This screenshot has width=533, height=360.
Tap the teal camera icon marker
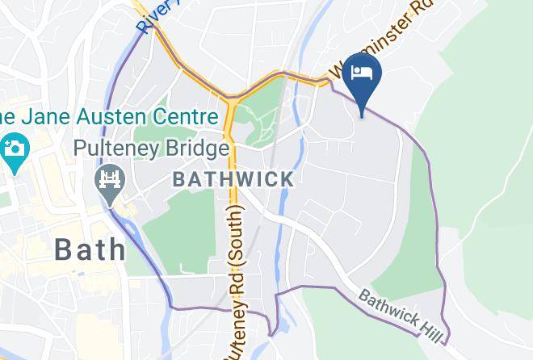[14, 149]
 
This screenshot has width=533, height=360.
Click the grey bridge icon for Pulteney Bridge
[109, 178]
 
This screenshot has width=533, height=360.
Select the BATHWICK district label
[233, 179]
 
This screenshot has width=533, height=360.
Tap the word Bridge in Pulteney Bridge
[199, 149]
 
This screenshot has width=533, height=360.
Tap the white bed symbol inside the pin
[361, 72]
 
